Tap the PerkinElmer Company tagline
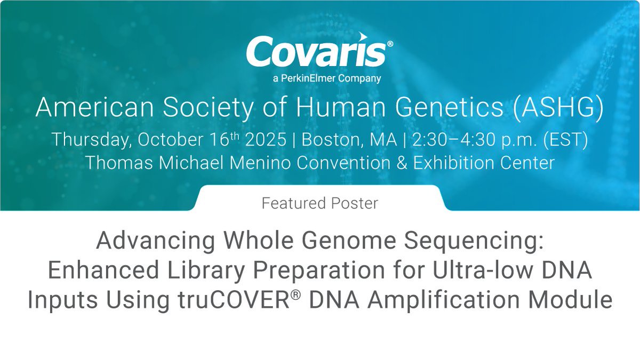coord(320,79)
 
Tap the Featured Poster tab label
coord(320,203)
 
